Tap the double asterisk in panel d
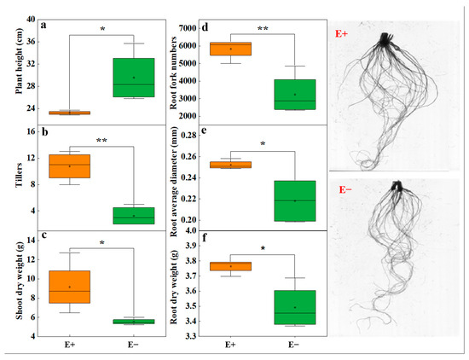(263, 29)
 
